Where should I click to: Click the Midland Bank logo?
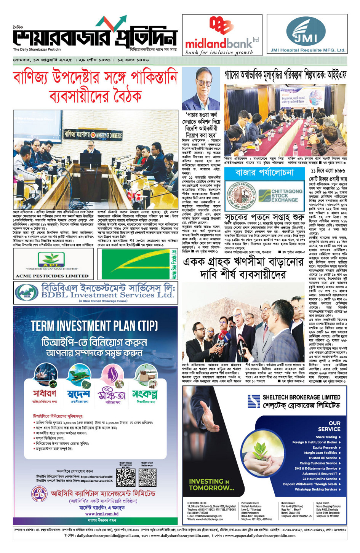[222, 35]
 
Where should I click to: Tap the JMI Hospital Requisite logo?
[306, 34]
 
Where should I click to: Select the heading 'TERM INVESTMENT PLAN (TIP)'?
[94, 326]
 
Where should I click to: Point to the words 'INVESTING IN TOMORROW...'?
[211, 484]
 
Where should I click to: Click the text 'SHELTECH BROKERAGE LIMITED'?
[301, 397]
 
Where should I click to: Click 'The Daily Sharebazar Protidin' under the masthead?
[37, 50]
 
